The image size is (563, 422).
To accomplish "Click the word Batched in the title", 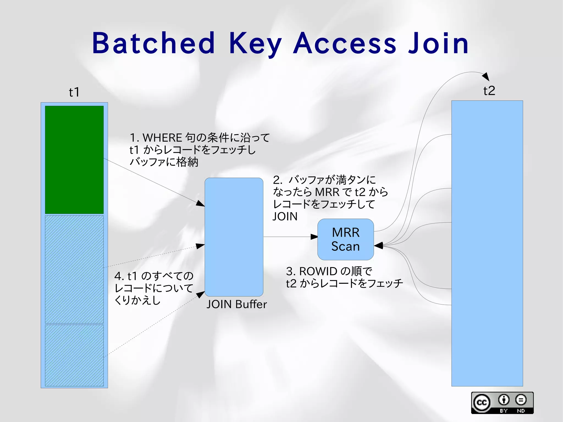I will pos(153,43).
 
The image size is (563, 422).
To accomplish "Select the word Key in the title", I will pos(255,44).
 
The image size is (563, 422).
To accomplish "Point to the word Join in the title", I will pos(438,43).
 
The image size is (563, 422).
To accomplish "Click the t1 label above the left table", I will pos(74,92).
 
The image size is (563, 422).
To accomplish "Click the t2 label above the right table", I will pos(489,91).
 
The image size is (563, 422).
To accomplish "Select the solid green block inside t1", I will pos(74,159).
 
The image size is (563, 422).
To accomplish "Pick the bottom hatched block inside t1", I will pos(74,355).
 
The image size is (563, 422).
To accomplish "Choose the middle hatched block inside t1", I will pos(74,269).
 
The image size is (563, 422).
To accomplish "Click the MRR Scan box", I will pos(346,239).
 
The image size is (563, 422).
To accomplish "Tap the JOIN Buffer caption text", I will pos(236,304).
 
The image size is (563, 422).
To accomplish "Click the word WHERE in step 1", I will pos(162,137).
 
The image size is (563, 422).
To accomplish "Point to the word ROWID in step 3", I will pos(318,271).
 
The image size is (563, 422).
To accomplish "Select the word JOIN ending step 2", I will pos(285,217).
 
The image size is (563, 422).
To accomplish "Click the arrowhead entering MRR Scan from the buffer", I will pos(314,237).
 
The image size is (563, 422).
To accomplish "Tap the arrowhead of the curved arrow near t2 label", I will pos(486,77).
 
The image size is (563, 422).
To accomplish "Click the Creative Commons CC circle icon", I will pos(482,403).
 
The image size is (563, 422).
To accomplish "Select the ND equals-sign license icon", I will pos(521,400).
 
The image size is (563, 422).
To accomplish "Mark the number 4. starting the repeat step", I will pos(119,276).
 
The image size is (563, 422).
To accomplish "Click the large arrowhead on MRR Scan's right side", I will pos(379,245).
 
